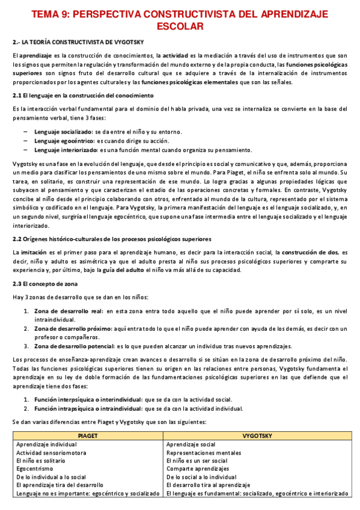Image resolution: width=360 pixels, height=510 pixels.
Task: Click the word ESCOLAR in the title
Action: pyautogui.click(x=180, y=26)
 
